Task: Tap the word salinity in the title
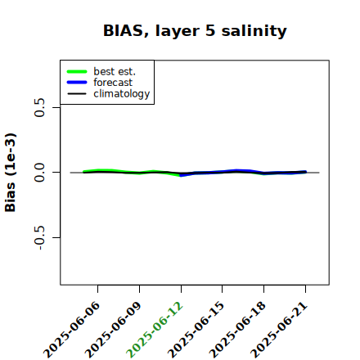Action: (254, 30)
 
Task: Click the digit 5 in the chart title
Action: (210, 30)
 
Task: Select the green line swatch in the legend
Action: (77, 71)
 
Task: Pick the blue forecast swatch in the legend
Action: (77, 83)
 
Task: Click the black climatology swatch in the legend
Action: (77, 94)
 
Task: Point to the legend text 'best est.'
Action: (115, 71)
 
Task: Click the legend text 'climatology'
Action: (122, 94)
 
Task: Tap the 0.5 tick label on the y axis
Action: (39, 107)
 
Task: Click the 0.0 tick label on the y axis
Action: (39, 173)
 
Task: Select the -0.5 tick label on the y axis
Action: (39, 237)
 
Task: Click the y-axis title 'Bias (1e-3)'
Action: (11, 173)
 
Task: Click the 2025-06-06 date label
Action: (71, 330)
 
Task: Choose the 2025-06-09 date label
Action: (113, 330)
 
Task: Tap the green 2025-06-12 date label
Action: (155, 330)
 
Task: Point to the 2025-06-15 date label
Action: (196, 330)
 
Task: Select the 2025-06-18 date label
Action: (237, 330)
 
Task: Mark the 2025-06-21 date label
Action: (279, 330)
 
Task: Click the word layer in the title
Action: (178, 31)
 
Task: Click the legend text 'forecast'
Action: (113, 83)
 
